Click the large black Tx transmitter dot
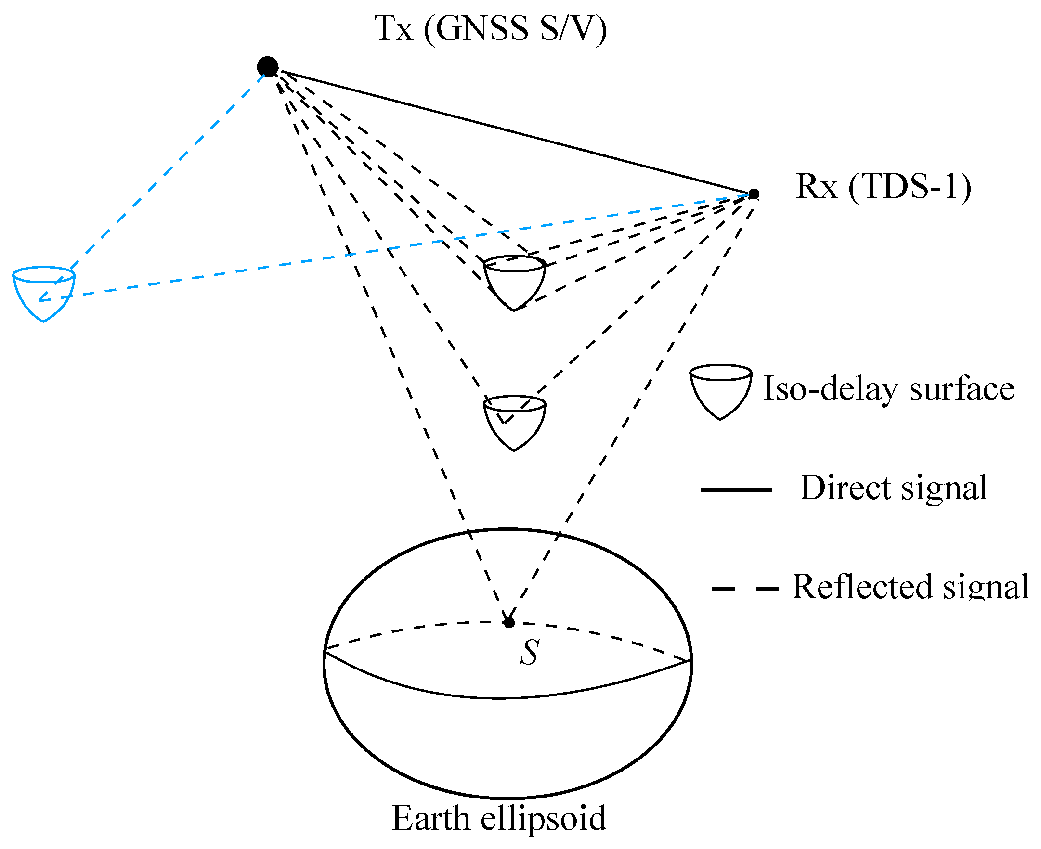point(268,66)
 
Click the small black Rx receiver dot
point(754,194)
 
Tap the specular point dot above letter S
point(509,623)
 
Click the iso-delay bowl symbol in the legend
point(721,391)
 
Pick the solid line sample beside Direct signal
point(736,489)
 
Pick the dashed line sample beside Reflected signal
point(744,588)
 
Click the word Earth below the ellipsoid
point(430,818)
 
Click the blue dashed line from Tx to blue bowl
point(166,171)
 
